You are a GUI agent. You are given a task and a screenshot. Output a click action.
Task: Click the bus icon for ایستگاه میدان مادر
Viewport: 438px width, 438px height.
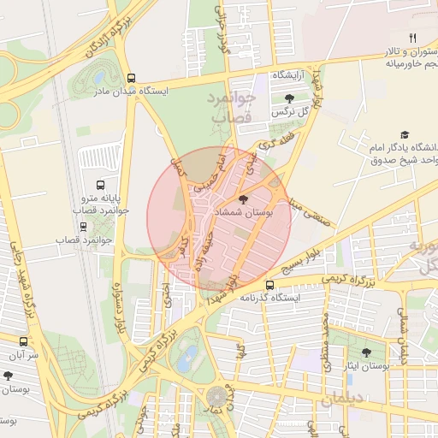coord(130,77)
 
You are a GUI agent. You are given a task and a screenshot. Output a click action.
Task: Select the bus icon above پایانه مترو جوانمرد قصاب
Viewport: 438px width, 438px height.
coord(101,184)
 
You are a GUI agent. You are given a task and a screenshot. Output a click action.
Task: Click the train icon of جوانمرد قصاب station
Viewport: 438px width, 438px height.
coord(83,227)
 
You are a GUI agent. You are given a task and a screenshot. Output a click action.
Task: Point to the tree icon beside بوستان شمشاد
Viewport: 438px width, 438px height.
coord(244,199)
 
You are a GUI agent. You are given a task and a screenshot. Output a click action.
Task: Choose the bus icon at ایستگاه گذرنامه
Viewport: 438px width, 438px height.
coord(270,285)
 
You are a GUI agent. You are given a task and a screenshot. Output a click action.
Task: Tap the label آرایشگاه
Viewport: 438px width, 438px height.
coord(291,76)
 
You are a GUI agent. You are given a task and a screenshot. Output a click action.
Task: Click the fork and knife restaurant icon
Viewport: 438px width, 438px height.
coord(412,38)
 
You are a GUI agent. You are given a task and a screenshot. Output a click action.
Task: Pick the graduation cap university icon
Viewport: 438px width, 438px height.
coord(405,134)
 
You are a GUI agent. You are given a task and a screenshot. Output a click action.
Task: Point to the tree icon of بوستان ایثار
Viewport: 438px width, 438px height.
coord(366,352)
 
